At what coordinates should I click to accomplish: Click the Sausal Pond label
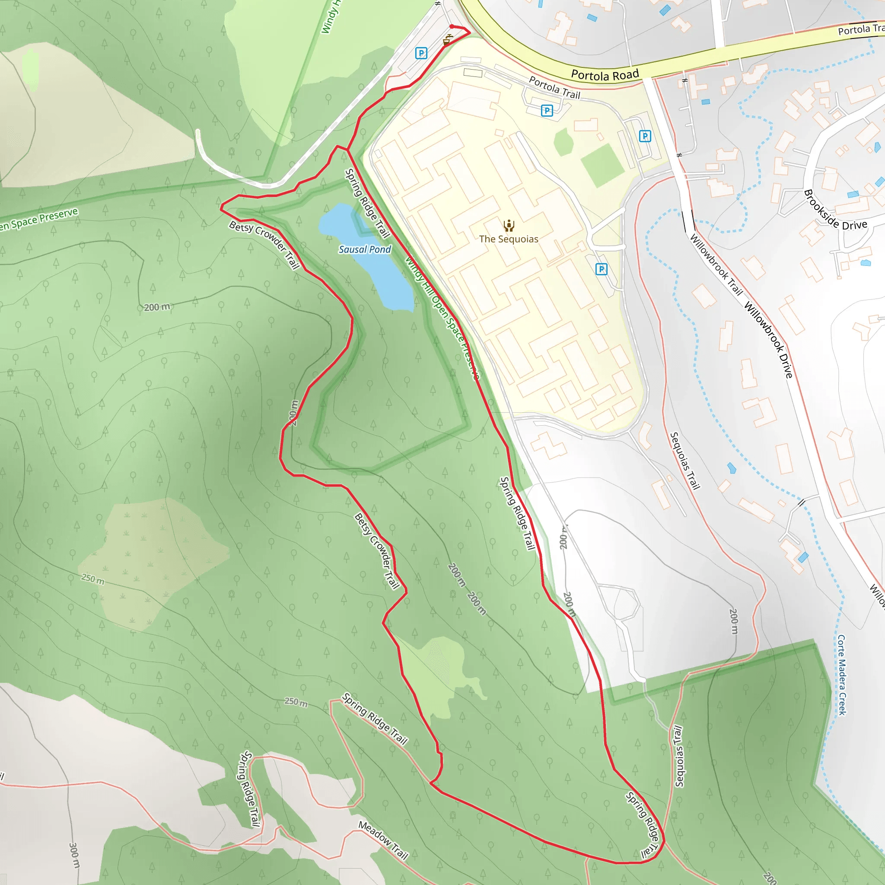365,250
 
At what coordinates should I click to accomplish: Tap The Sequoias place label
509,239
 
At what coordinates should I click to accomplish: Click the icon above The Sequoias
509,226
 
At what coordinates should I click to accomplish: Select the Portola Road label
605,75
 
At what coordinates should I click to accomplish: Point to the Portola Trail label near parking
554,87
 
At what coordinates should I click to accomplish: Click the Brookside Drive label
834,211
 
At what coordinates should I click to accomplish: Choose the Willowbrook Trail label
716,265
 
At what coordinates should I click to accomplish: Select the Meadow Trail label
383,840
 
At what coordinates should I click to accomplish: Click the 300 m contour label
74,855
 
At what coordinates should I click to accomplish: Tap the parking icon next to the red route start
421,53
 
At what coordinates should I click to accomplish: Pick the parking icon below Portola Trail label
547,110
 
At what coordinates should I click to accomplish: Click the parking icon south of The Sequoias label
602,269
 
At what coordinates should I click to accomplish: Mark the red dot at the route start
452,26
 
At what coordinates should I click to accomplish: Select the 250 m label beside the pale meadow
93,579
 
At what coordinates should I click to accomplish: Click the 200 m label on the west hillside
157,307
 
